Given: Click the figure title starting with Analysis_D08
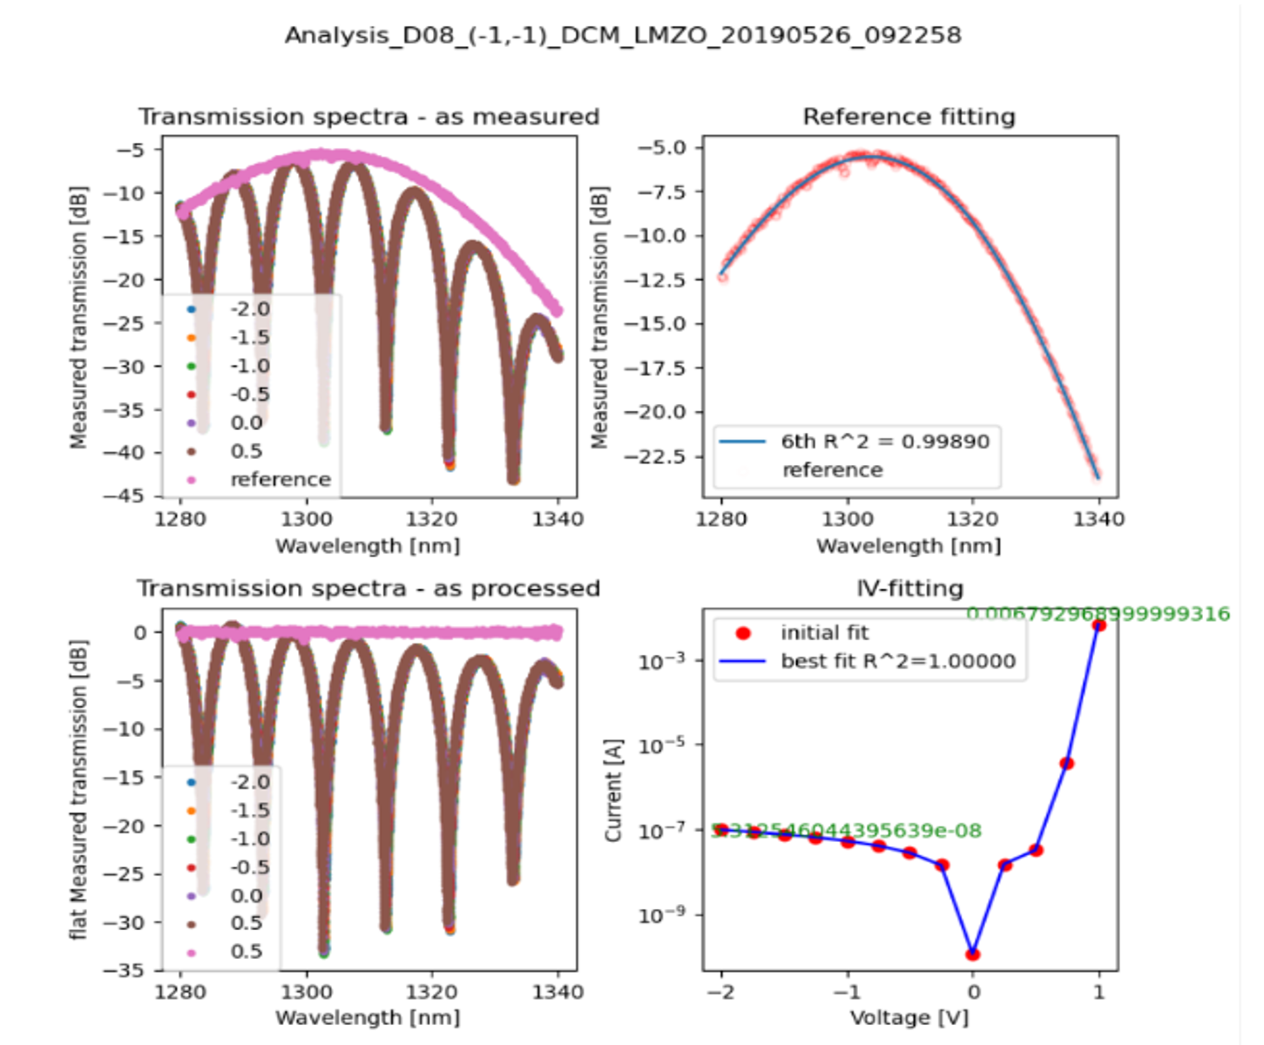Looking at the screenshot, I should [623, 36].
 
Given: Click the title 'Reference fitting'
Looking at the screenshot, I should [909, 117].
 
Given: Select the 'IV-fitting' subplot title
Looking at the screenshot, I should [909, 589].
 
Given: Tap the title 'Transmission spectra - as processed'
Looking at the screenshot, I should [368, 589].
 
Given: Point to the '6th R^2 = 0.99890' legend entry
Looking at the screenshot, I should [884, 442].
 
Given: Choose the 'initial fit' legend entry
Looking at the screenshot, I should [824, 633].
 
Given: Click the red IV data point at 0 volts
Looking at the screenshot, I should [973, 954].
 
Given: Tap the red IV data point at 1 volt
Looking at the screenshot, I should [1099, 625].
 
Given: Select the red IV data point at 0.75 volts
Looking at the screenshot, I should [1067, 764].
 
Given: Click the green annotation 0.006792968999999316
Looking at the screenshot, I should [1098, 614].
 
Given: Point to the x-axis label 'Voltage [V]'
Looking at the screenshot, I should [909, 1017].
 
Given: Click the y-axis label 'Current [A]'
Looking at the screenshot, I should [614, 791].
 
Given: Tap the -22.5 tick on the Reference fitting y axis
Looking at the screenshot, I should [661, 456].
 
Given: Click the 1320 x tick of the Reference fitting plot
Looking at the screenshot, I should [972, 519].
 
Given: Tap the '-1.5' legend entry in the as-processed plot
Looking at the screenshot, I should [249, 811].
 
